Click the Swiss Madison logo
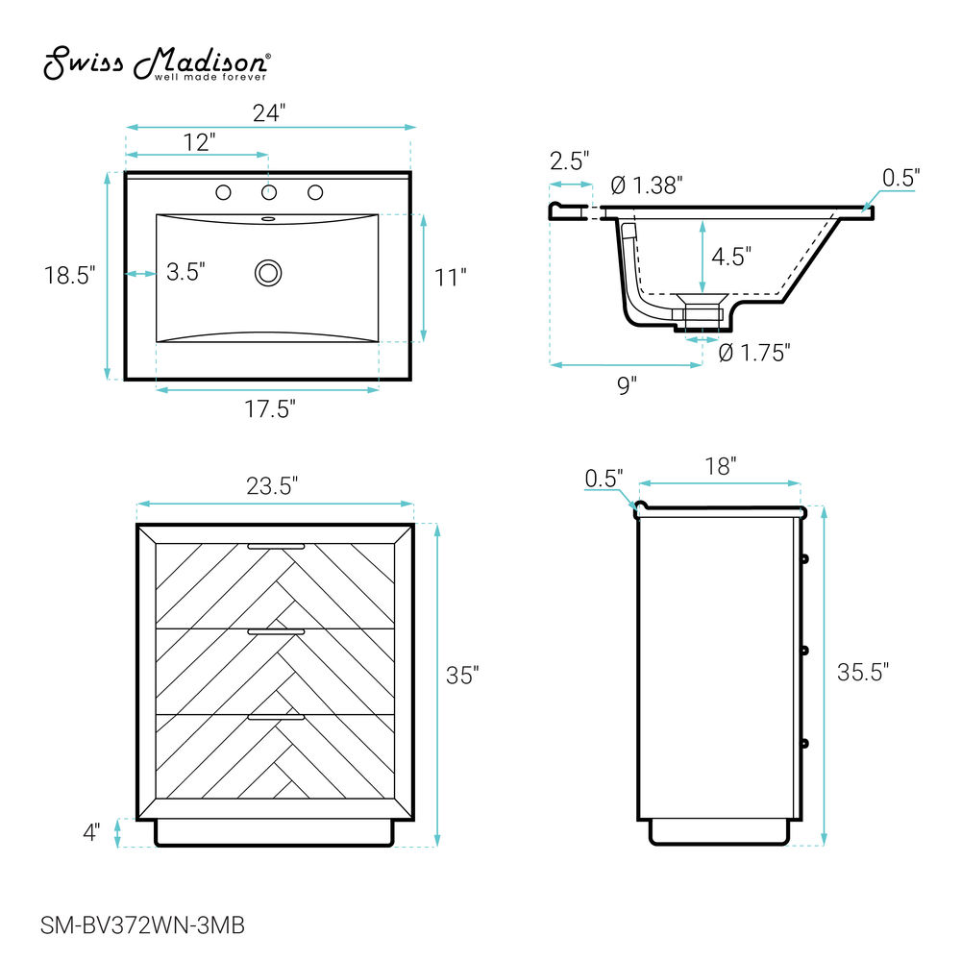[x=157, y=62]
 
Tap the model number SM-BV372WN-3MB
[x=143, y=924]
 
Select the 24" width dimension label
[x=269, y=112]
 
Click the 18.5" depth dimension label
[x=69, y=275]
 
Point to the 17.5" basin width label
[x=270, y=408]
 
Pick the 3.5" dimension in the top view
[x=185, y=272]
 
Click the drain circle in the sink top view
[x=268, y=273]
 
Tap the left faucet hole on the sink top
[x=223, y=192]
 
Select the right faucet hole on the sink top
[x=315, y=192]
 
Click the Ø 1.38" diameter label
[x=647, y=185]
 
